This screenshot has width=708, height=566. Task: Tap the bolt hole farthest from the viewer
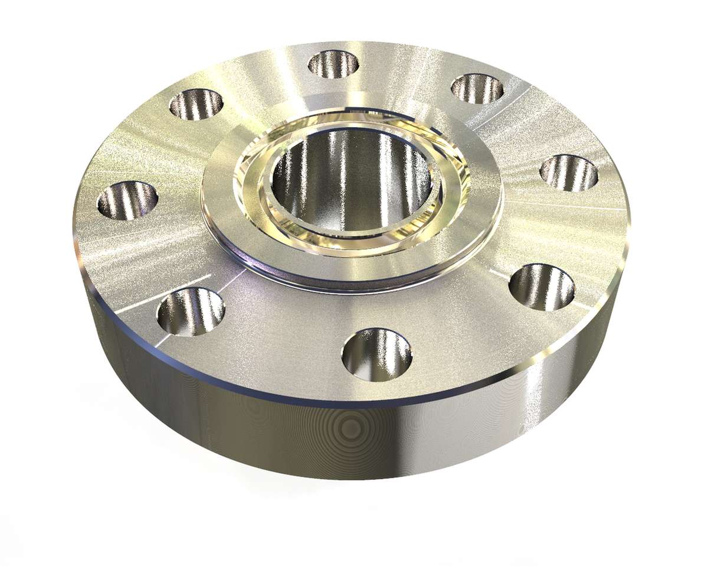click(333, 64)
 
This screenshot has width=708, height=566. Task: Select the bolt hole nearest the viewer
click(377, 353)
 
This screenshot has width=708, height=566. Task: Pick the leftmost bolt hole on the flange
click(127, 200)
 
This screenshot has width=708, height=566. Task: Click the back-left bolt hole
click(196, 105)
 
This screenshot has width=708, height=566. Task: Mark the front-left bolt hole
click(191, 311)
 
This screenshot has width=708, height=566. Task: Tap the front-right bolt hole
click(542, 287)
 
